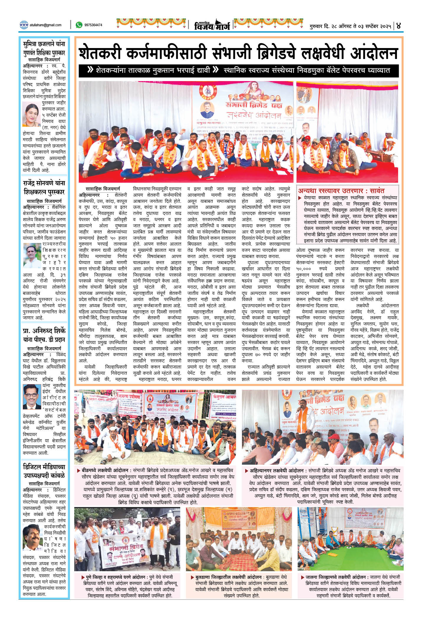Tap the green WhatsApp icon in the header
(x=79, y=25)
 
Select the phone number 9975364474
(x=93, y=25)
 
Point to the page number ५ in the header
(x=399, y=25)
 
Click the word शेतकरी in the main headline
(x=100, y=53)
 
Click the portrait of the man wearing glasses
(x=32, y=396)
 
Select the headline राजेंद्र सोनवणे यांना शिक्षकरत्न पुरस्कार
(x=44, y=188)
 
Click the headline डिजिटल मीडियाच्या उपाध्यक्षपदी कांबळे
(x=44, y=471)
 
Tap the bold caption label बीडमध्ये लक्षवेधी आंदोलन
(x=105, y=471)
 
